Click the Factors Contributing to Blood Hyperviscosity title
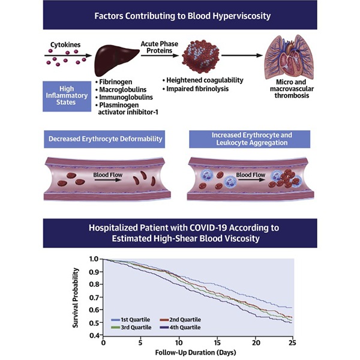180,15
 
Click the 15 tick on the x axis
217,342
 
